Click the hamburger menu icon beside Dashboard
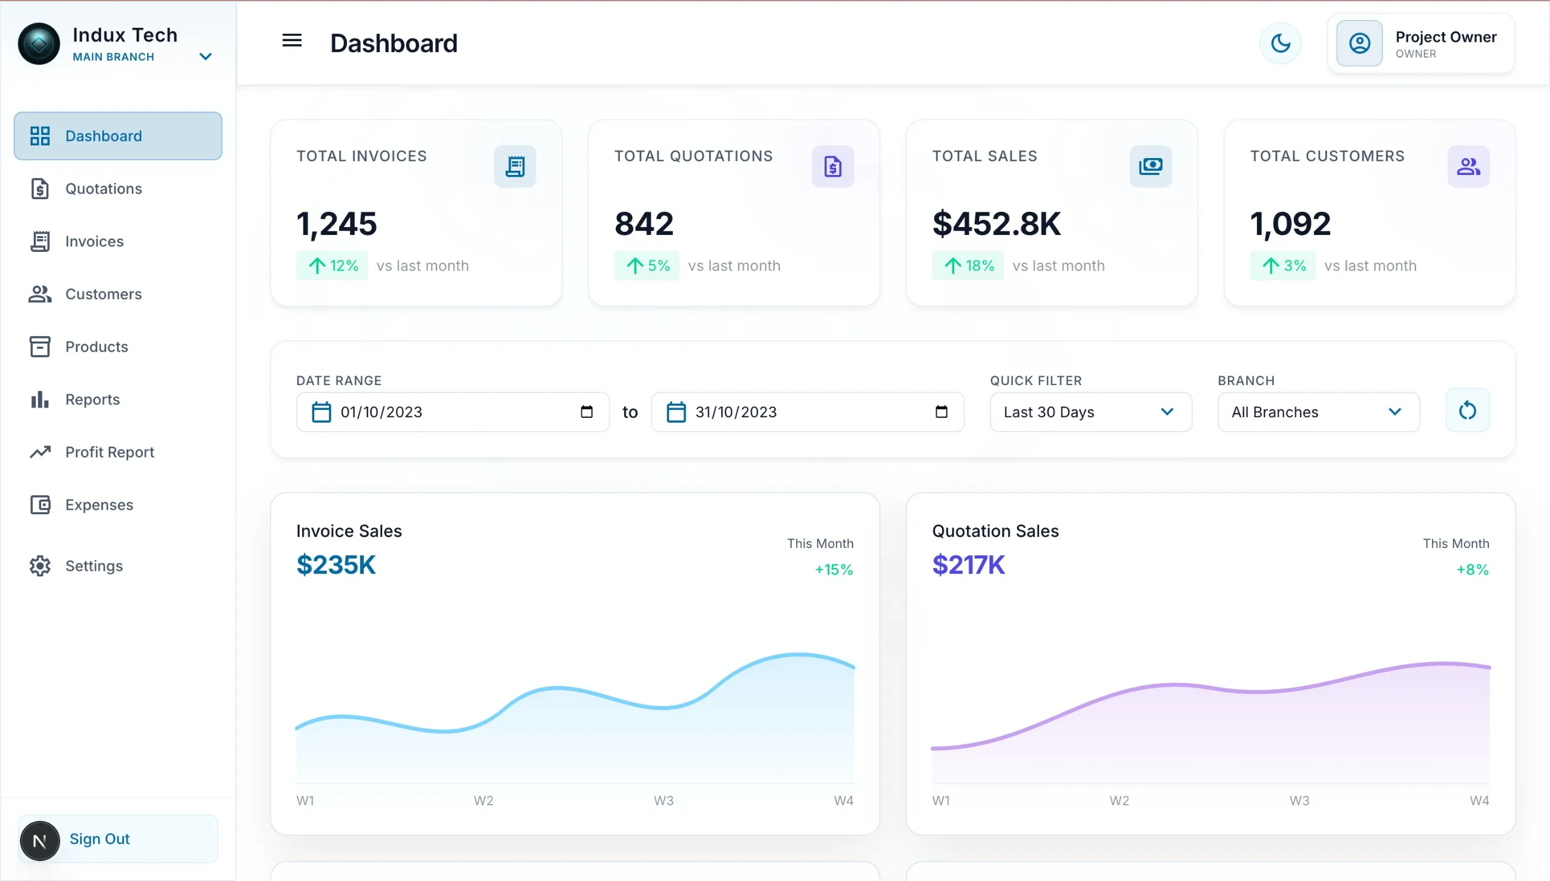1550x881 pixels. [292, 41]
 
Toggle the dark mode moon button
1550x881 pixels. [1281, 43]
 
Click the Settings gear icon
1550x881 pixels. [40, 566]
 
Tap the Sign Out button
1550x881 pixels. [118, 839]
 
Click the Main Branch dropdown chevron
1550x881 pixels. [205, 57]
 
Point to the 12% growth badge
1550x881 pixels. [332, 266]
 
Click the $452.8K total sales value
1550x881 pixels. [997, 223]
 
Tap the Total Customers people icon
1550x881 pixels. [1468, 167]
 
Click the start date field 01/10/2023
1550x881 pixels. [452, 412]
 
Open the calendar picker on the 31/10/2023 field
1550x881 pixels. [941, 412]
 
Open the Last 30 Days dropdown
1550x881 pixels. [1090, 412]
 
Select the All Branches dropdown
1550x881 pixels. [1318, 412]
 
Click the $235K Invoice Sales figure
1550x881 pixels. [336, 565]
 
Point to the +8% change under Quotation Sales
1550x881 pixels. [1472, 570]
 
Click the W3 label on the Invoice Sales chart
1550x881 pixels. [664, 800]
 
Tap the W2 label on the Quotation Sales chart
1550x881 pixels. [1119, 800]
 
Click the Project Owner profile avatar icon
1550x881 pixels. [1359, 43]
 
